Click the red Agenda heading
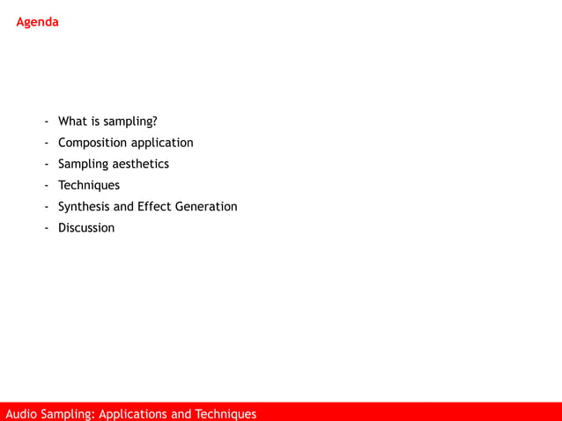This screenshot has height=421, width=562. coord(37,22)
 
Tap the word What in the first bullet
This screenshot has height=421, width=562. coord(72,122)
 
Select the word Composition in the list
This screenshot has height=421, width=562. coord(92,143)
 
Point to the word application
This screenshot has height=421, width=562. coord(162,143)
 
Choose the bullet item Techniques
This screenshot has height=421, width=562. coord(88,185)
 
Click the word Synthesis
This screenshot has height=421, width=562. coord(84,206)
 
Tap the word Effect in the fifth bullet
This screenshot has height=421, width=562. coord(154,206)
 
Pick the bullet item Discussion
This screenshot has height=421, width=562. coord(86,227)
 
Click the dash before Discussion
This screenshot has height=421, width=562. coord(48,228)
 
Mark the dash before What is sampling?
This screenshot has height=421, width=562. coord(48,122)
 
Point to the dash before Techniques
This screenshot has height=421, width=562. coord(48,186)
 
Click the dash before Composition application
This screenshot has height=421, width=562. coord(48,144)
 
